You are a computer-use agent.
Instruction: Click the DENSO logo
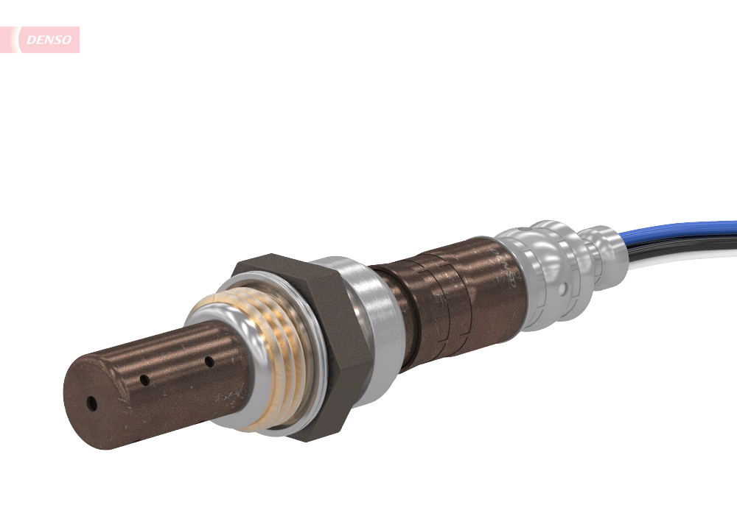pyautogui.click(x=49, y=40)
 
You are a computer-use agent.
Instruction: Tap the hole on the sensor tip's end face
pyautogui.click(x=91, y=403)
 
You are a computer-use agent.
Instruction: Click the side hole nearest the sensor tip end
pyautogui.click(x=145, y=381)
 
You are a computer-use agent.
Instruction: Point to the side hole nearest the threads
pyautogui.click(x=209, y=361)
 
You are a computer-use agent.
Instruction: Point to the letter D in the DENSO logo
pyautogui.click(x=30, y=40)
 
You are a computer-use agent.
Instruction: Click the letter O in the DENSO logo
pyautogui.click(x=68, y=40)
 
